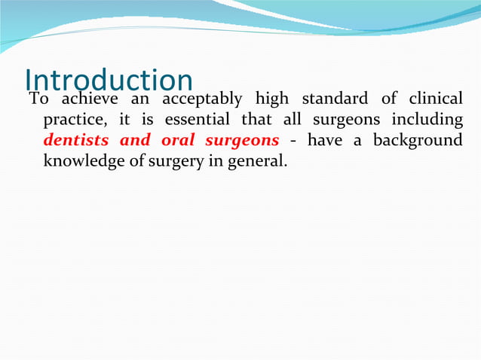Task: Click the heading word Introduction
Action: pyautogui.click(x=109, y=81)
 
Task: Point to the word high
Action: pyautogui.click(x=272, y=99)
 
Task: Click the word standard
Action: pyautogui.click(x=333, y=99)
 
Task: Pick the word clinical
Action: pyautogui.click(x=434, y=99)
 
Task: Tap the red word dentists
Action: pyautogui.click(x=76, y=140)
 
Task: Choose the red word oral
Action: pyautogui.click(x=178, y=140)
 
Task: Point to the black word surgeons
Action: pyautogui.click(x=351, y=121)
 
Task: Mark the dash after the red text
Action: pyautogui.click(x=292, y=141)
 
